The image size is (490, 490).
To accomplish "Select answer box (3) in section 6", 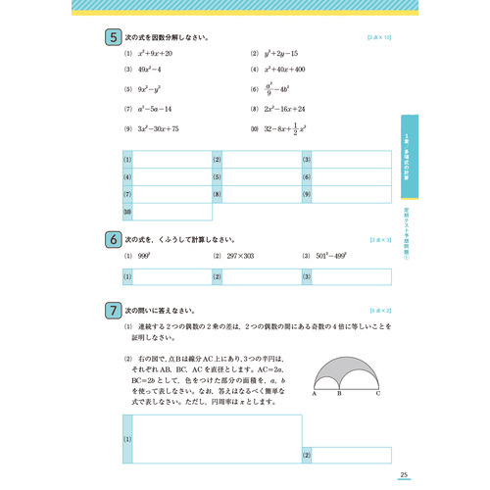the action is tap(348, 278).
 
